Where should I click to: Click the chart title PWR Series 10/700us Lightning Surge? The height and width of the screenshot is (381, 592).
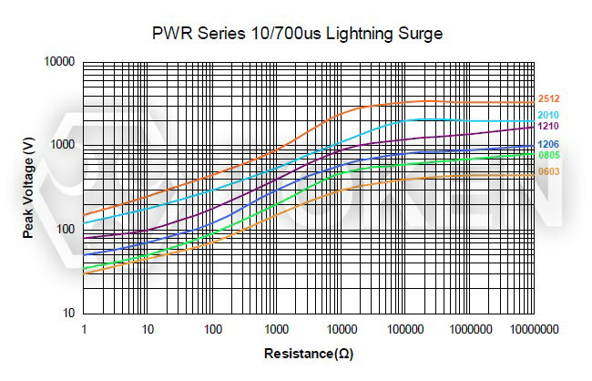296,34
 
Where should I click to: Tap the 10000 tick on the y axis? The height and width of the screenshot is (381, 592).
60,62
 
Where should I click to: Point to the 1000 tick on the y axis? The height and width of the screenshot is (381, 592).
63,145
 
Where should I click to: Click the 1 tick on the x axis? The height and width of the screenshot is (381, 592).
83,327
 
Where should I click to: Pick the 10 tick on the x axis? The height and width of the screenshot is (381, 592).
148,327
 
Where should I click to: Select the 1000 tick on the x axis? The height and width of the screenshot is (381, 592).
276,327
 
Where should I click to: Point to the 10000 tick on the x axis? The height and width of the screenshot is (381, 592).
341,327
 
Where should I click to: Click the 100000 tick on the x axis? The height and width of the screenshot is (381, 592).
404,327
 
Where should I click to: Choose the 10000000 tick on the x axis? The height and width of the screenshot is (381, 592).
532,327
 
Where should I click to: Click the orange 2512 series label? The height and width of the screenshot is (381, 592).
548,98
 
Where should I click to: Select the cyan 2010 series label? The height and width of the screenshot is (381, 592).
548,115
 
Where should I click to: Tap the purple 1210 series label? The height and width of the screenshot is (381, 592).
548,126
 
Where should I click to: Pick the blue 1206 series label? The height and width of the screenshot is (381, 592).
548,145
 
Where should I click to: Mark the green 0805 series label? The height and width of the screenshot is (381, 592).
548,155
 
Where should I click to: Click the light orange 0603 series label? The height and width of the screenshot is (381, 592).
548,171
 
